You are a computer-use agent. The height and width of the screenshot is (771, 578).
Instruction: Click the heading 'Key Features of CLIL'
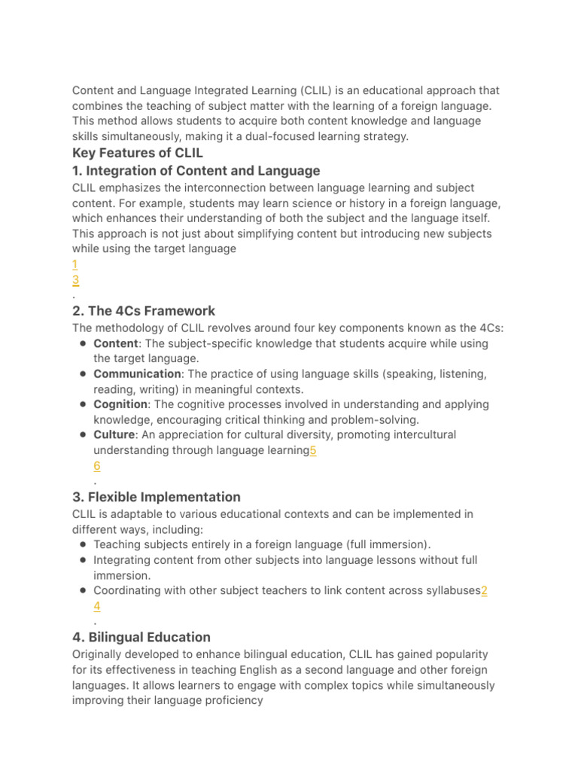pos(138,154)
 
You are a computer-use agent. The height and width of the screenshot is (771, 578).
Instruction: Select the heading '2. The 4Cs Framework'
pos(144,311)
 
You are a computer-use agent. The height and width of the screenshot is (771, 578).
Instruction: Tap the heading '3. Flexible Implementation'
pos(157,497)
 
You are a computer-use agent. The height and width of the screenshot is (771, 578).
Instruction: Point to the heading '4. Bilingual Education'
pos(141,637)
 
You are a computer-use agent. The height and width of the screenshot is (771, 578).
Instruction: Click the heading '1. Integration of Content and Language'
pos(196,171)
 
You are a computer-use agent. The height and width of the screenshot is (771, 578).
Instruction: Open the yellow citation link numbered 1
pos(75,264)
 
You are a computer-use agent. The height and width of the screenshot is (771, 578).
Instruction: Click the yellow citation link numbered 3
pos(75,280)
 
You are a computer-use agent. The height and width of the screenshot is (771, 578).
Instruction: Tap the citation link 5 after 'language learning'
pos(312,450)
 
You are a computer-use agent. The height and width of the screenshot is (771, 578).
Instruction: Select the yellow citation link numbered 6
pos(97,466)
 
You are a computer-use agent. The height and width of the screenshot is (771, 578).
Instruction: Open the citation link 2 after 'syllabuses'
pos(484,591)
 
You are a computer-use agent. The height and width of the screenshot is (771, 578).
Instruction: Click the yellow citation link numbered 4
pos(97,606)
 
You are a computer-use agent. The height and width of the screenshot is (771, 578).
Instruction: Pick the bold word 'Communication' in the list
pos(137,374)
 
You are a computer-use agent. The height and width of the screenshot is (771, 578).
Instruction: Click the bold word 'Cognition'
pos(120,404)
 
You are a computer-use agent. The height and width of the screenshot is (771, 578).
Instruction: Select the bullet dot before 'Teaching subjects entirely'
pos(82,544)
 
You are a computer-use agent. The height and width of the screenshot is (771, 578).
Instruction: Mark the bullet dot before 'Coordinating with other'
pos(82,591)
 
